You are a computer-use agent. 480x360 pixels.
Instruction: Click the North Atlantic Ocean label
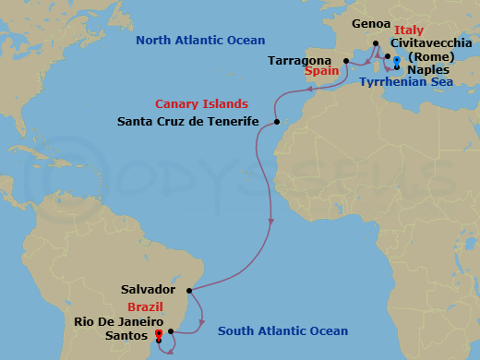[200, 40]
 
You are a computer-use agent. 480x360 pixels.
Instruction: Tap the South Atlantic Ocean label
[282, 331]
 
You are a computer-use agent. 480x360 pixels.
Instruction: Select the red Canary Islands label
[199, 104]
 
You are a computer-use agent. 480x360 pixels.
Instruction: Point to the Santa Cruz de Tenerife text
[188, 121]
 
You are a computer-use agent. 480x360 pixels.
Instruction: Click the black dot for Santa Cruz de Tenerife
[277, 122]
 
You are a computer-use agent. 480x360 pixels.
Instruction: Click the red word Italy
[408, 30]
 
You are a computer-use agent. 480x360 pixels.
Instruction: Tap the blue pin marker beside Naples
[396, 62]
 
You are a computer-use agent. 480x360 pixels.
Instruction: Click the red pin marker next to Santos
[159, 333]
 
